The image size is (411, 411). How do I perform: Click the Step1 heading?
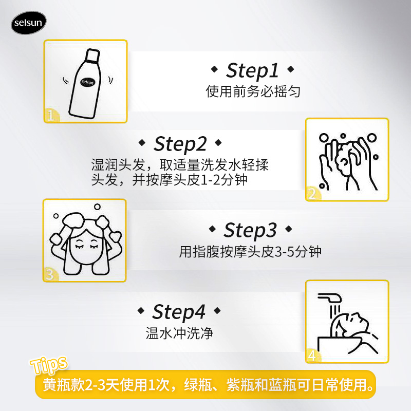pos(252,70)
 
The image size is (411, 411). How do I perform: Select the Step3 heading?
pos(250,230)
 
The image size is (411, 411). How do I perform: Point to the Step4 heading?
pos(179,312)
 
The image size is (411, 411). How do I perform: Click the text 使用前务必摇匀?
pos(252,91)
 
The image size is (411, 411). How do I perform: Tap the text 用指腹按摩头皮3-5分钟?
pos(251,252)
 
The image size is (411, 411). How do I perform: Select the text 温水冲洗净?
pos(179,333)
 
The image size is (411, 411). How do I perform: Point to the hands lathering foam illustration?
pos(347,159)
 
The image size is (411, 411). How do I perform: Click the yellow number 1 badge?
pos(50,115)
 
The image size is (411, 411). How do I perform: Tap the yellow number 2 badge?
pos(312,194)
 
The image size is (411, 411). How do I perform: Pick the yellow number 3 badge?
pos(49,274)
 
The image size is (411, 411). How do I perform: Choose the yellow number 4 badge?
pos(312,356)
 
